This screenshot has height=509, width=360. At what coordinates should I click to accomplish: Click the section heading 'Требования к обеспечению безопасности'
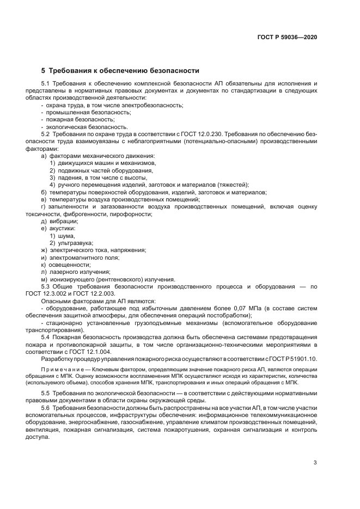pos(124,71)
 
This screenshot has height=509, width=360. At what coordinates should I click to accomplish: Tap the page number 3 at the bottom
pos(315,463)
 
